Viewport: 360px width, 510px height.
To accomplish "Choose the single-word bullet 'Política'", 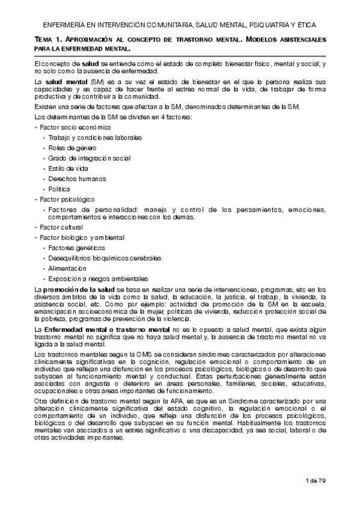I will point(59,188).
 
